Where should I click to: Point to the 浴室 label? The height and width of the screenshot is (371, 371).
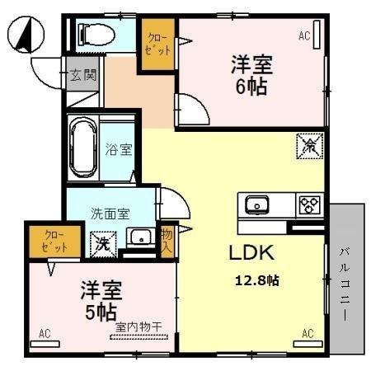click(x=119, y=150)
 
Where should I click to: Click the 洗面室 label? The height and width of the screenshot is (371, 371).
click(x=110, y=213)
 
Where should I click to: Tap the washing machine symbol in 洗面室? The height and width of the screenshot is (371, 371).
click(x=103, y=243)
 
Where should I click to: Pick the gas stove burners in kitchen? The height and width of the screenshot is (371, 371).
click(x=309, y=203)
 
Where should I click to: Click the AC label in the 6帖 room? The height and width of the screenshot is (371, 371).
click(x=304, y=35)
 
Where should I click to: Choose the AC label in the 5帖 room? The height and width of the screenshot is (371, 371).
click(x=45, y=334)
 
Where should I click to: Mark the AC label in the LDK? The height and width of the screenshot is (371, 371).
click(x=307, y=333)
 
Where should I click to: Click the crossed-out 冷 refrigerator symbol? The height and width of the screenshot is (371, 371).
click(x=309, y=148)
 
